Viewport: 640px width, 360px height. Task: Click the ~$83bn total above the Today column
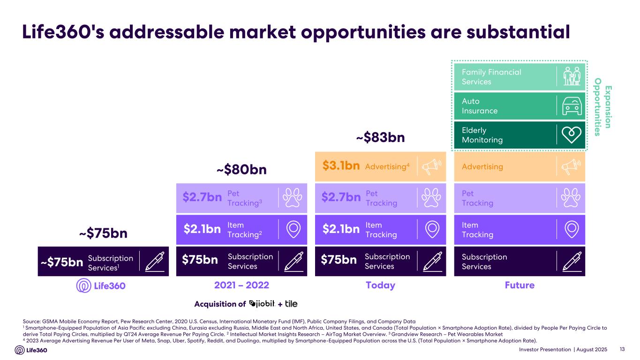pos(380,138)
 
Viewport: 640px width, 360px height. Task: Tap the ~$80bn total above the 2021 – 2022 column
pos(241,169)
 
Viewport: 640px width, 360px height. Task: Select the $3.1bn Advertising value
pos(341,166)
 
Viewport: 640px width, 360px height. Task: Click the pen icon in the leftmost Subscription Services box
pos(155,261)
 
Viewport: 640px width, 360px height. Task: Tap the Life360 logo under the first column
pos(101,285)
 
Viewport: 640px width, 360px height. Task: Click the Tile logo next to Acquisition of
pos(291,304)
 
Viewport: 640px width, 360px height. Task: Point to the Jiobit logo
pos(261,304)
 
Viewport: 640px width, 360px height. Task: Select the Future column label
pos(519,285)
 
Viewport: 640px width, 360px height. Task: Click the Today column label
pos(380,285)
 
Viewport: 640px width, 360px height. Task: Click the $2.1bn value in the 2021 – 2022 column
pos(202,229)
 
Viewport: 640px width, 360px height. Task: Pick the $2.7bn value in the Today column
pos(341,198)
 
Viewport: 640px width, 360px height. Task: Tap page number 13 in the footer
pos(623,350)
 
